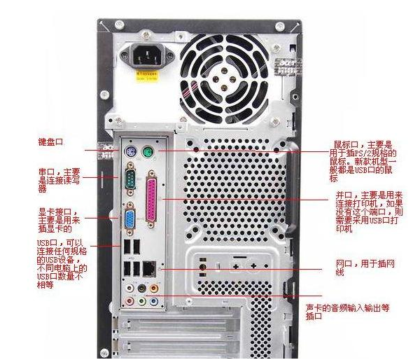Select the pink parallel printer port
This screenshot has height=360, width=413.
pos(152,201)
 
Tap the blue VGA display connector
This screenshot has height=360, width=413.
pos(130,219)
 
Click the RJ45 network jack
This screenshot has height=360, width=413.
pos(149,267)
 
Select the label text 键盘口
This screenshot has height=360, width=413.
pos(50,142)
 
